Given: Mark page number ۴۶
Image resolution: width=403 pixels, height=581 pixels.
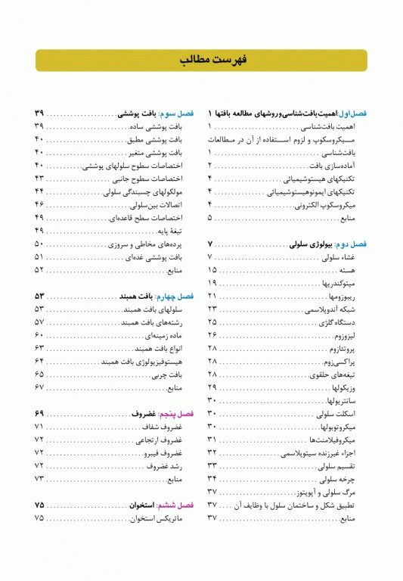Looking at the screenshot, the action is (39, 205).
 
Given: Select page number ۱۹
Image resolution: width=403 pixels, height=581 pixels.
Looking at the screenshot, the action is (212, 283).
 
